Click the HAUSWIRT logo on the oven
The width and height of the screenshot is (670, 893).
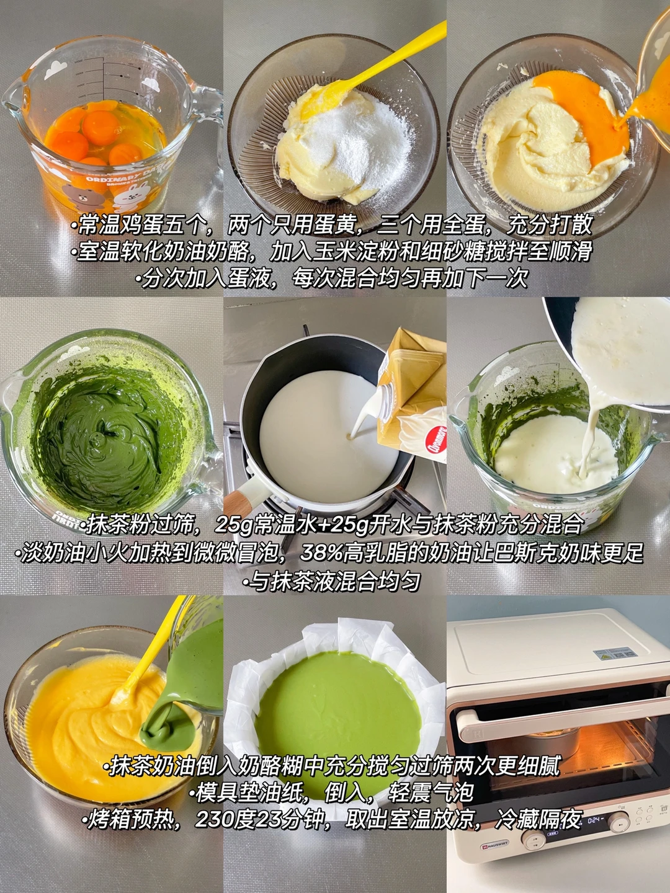pos(495,846)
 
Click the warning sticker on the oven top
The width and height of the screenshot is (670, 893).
pos(615,665)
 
